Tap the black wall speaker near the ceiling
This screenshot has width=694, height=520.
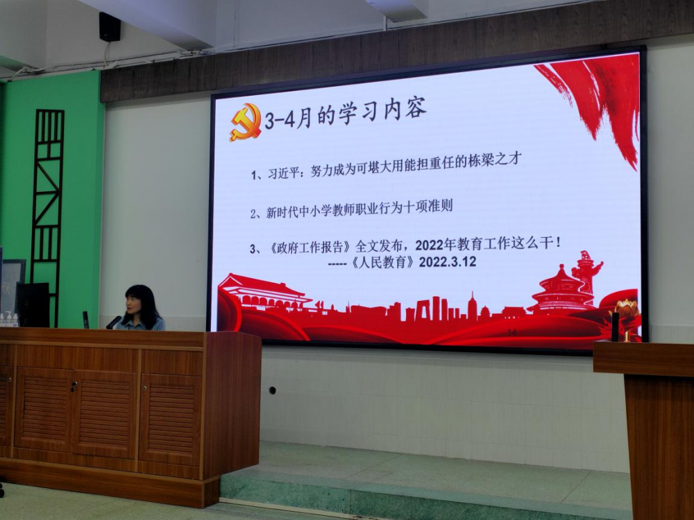(110, 27)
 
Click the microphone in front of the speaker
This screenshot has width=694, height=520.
(113, 322)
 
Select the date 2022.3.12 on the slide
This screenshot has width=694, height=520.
(448, 262)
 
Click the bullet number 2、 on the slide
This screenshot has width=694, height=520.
(256, 214)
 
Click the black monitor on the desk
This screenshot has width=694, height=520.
(33, 304)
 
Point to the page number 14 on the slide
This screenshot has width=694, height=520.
(512, 331)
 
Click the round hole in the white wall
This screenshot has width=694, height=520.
(272, 390)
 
